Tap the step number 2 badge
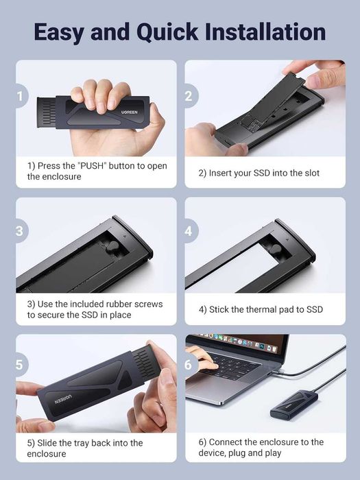click(x=189, y=96)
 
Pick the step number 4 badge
click(x=189, y=231)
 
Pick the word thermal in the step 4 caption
click(x=259, y=309)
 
